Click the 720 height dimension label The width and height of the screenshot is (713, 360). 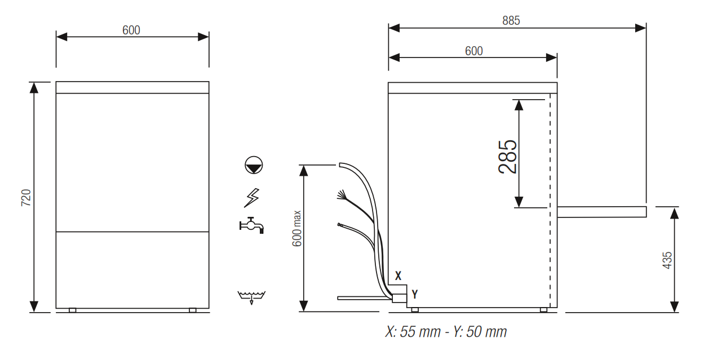point(26,198)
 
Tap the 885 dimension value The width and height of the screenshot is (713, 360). point(511,21)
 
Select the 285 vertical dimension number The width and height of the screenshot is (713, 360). point(507,157)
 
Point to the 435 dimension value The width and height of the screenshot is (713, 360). point(667,260)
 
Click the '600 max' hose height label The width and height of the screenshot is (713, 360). point(296,228)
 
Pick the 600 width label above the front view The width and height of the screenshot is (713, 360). point(131,30)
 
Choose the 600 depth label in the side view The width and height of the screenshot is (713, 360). point(473,51)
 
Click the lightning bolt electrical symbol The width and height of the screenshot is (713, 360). point(252,198)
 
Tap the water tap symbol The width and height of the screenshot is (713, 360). point(251,225)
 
